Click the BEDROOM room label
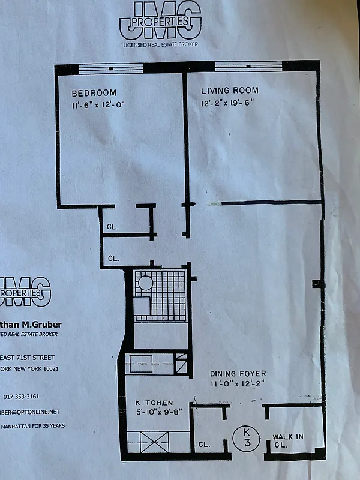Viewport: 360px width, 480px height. pos(94,94)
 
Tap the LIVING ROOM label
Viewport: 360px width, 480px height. pos(230,91)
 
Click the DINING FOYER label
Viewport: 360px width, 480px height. pos(238,373)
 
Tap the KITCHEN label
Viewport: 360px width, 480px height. pos(154,403)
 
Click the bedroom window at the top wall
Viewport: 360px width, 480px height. pos(114,68)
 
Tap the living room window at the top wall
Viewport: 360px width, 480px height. pos(249,67)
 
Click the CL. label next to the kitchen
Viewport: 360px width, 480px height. pos(205,445)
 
